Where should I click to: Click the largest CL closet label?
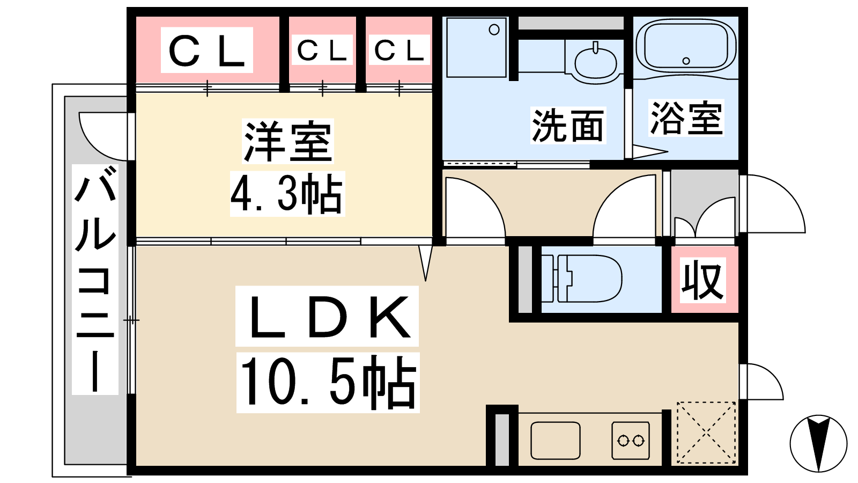coord(207,50)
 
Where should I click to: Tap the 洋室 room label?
coord(287,141)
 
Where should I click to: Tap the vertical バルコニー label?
coord(95,279)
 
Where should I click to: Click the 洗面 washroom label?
coord(568,126)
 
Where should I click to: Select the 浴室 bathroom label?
coord(686,118)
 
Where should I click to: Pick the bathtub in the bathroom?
coord(686,46)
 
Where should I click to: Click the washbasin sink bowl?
coord(596,64)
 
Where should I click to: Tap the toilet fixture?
coord(587,279)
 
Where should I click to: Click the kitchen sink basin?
coord(556,441)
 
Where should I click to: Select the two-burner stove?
coord(631,441)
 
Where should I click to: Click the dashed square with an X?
coord(706,433)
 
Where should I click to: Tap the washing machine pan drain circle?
coord(494,30)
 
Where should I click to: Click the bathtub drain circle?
coord(686,61)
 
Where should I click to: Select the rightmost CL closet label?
coord(400,50)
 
